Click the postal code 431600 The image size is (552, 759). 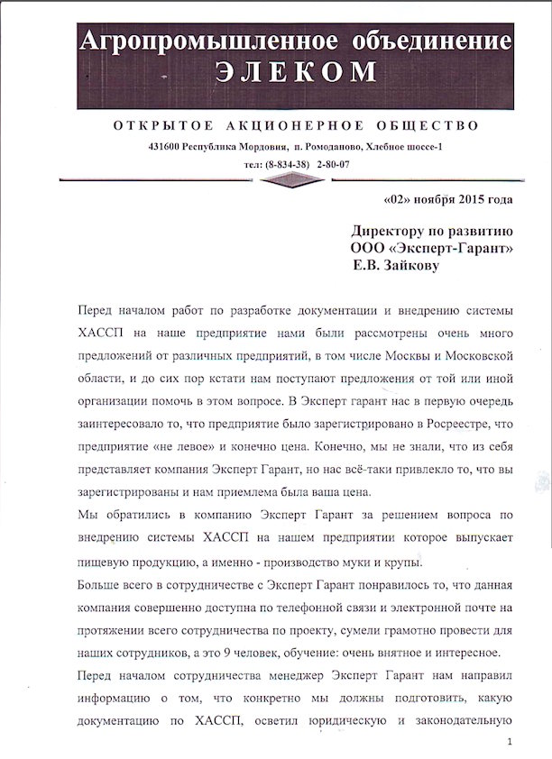pyautogui.click(x=170, y=147)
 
